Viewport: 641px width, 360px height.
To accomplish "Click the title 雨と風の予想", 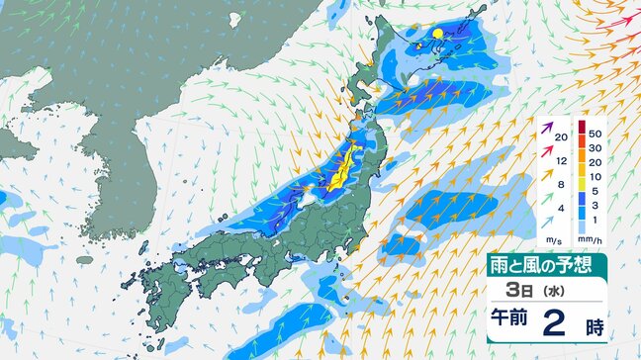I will [x=547, y=264].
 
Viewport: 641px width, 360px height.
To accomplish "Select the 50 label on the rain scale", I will [x=595, y=132].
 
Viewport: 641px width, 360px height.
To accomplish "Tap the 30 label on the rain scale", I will [x=595, y=147].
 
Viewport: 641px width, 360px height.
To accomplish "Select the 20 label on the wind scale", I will [x=560, y=136].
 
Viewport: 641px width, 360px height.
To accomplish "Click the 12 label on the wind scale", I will [x=560, y=159].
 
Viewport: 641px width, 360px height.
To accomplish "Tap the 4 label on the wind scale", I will [x=559, y=209].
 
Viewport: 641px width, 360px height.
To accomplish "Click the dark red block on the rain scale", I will [x=582, y=126].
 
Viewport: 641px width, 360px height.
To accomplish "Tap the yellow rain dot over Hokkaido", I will [x=436, y=35].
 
